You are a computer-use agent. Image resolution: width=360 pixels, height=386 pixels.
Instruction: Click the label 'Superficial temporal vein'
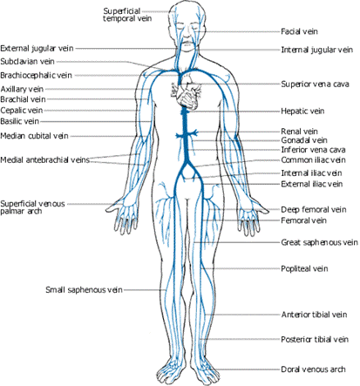pyautogui.click(x=127, y=15)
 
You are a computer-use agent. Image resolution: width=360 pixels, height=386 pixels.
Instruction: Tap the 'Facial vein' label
pyautogui.click(x=299, y=31)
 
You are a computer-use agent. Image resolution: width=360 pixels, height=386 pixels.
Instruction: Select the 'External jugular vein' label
pyautogui.click(x=37, y=49)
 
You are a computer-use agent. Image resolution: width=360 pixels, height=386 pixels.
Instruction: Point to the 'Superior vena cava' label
pyautogui.click(x=315, y=85)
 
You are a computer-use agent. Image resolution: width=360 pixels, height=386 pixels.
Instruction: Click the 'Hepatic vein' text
pyautogui.click(x=302, y=111)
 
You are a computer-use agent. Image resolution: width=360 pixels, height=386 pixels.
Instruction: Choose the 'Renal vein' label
pyautogui.click(x=299, y=132)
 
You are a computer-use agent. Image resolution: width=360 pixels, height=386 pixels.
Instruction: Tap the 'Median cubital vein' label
pyautogui.click(x=34, y=136)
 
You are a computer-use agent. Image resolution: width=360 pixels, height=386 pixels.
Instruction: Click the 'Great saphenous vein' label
pyautogui.click(x=319, y=242)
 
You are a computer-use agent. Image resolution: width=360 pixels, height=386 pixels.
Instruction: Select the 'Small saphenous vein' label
pyautogui.click(x=84, y=290)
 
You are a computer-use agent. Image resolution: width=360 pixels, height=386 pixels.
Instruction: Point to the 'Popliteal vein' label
pyautogui.click(x=304, y=268)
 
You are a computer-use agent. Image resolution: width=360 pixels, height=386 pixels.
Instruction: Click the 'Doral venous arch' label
pyautogui.click(x=313, y=369)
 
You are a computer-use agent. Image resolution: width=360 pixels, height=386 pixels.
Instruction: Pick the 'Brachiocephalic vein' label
pyautogui.click(x=36, y=76)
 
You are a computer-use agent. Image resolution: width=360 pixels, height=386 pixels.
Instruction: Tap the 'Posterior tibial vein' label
pyautogui.click(x=315, y=339)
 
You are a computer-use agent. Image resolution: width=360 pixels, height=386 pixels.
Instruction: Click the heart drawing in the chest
pyautogui.click(x=186, y=90)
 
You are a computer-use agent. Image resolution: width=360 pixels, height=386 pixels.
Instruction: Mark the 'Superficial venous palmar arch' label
pyautogui.click(x=32, y=207)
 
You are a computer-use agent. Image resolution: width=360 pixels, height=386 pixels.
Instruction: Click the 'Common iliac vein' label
pyautogui.click(x=313, y=160)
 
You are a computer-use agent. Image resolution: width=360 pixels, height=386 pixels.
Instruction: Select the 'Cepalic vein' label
pyautogui.click(x=22, y=111)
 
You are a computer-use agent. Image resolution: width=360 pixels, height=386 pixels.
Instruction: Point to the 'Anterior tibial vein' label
pyautogui.click(x=314, y=315)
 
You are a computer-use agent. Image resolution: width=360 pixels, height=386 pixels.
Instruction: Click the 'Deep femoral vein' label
pyautogui.click(x=313, y=210)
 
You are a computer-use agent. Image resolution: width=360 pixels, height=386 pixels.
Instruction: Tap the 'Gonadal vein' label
pyautogui.click(x=304, y=140)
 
